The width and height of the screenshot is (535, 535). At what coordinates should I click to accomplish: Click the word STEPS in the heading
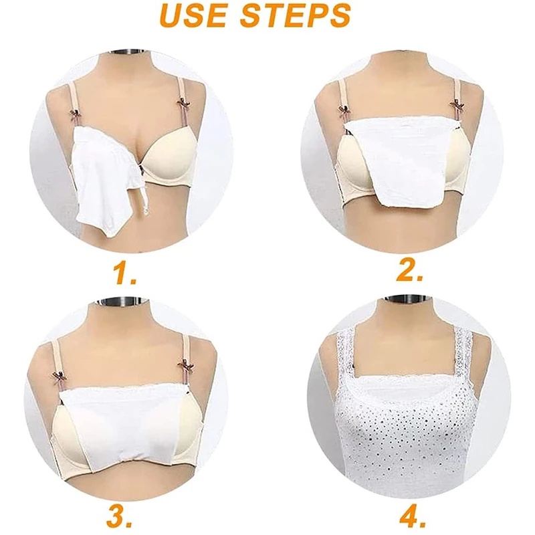[296, 16]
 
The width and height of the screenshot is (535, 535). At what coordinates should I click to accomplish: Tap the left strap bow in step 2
[344, 111]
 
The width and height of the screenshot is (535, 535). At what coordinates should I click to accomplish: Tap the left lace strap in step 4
[344, 361]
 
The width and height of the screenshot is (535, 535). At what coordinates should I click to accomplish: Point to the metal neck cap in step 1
[128, 53]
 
